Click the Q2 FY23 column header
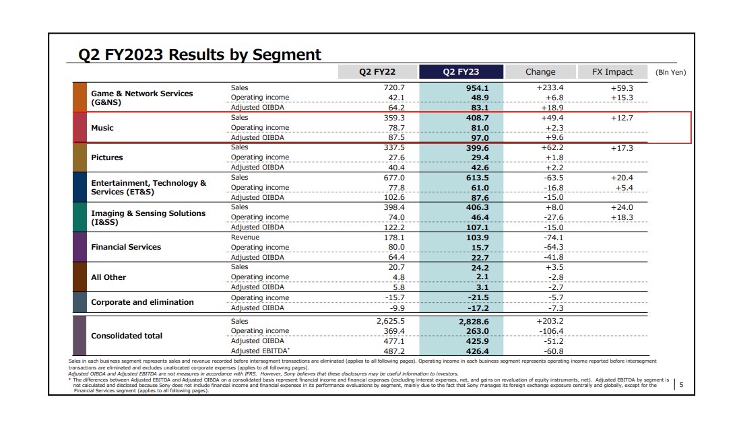(461, 71)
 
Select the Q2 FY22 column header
(377, 71)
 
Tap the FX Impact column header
(612, 71)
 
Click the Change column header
(540, 71)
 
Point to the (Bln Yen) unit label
(671, 72)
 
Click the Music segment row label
(102, 128)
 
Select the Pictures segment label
(107, 157)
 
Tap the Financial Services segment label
(126, 247)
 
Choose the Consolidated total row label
(126, 336)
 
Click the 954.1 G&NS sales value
(477, 88)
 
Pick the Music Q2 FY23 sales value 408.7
(477, 118)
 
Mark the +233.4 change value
(550, 87)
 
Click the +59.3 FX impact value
(622, 88)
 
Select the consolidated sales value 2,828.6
(474, 322)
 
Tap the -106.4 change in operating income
(551, 331)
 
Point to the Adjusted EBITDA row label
(260, 351)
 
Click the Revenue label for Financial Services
(245, 237)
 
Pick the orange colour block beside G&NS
(79, 97)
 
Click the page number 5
(681, 385)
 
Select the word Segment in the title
(286, 55)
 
